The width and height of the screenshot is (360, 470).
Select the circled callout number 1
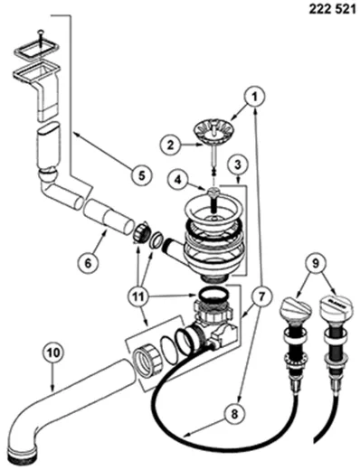(256, 93)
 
